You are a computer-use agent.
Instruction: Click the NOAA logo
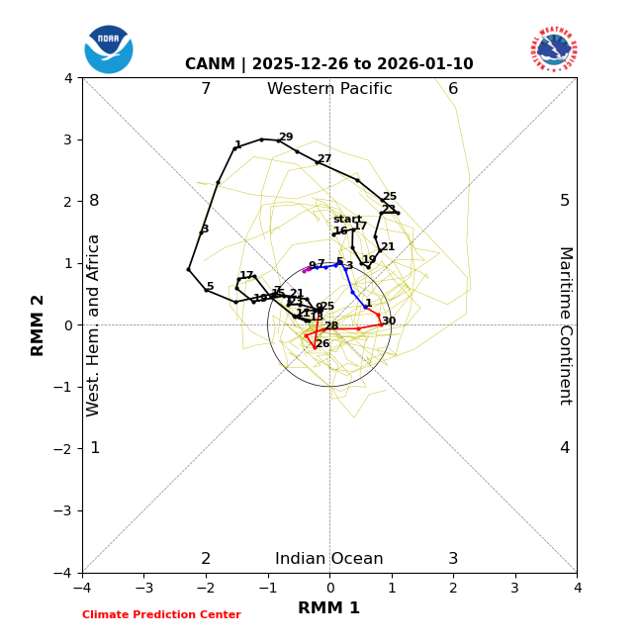pyautogui.click(x=109, y=48)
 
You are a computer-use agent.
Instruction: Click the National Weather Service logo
pyautogui.click(x=553, y=49)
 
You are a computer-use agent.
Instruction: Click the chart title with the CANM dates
pyautogui.click(x=329, y=64)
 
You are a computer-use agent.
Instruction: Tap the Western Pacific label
pyautogui.click(x=329, y=89)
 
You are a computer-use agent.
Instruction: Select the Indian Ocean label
pyautogui.click(x=329, y=559)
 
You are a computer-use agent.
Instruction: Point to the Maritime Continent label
pyautogui.click(x=565, y=325)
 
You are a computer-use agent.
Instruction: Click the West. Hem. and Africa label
pyautogui.click(x=94, y=325)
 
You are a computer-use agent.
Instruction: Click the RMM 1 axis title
pyautogui.click(x=329, y=608)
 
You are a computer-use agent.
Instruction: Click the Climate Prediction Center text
pyautogui.click(x=161, y=614)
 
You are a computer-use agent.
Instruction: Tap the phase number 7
pyautogui.click(x=206, y=89)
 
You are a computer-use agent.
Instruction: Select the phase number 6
pyautogui.click(x=453, y=89)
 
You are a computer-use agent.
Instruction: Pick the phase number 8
pyautogui.click(x=94, y=201)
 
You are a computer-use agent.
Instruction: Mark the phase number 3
pyautogui.click(x=453, y=559)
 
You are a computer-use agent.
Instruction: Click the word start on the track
pyautogui.click(x=347, y=219)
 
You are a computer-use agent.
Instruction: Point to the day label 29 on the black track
pyautogui.click(x=286, y=138)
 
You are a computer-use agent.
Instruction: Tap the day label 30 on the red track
pyautogui.click(x=389, y=321)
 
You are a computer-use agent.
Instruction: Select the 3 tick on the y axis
pyautogui.click(x=68, y=139)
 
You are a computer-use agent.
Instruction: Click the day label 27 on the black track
pyautogui.click(x=324, y=158)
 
